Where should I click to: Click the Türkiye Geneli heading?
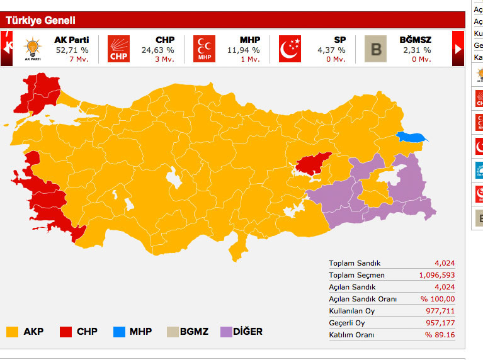pyautogui.click(x=40, y=20)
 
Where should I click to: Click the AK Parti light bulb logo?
pyautogui.click(x=31, y=48)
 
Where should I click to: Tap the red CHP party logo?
pyautogui.click(x=118, y=48)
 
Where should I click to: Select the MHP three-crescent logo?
pyautogui.click(x=204, y=48)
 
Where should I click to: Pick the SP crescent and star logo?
pyautogui.click(x=290, y=48)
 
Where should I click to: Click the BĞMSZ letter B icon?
pyautogui.click(x=376, y=48)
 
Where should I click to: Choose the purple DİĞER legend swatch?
pyautogui.click(x=227, y=331)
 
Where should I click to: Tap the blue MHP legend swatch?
pyautogui.click(x=119, y=331)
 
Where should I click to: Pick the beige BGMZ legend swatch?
pyautogui.click(x=173, y=331)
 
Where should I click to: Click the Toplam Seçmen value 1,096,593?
pyautogui.click(x=436, y=275)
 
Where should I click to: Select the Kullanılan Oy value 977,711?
pyautogui.click(x=440, y=311)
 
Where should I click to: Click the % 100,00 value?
pyautogui.click(x=438, y=299)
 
